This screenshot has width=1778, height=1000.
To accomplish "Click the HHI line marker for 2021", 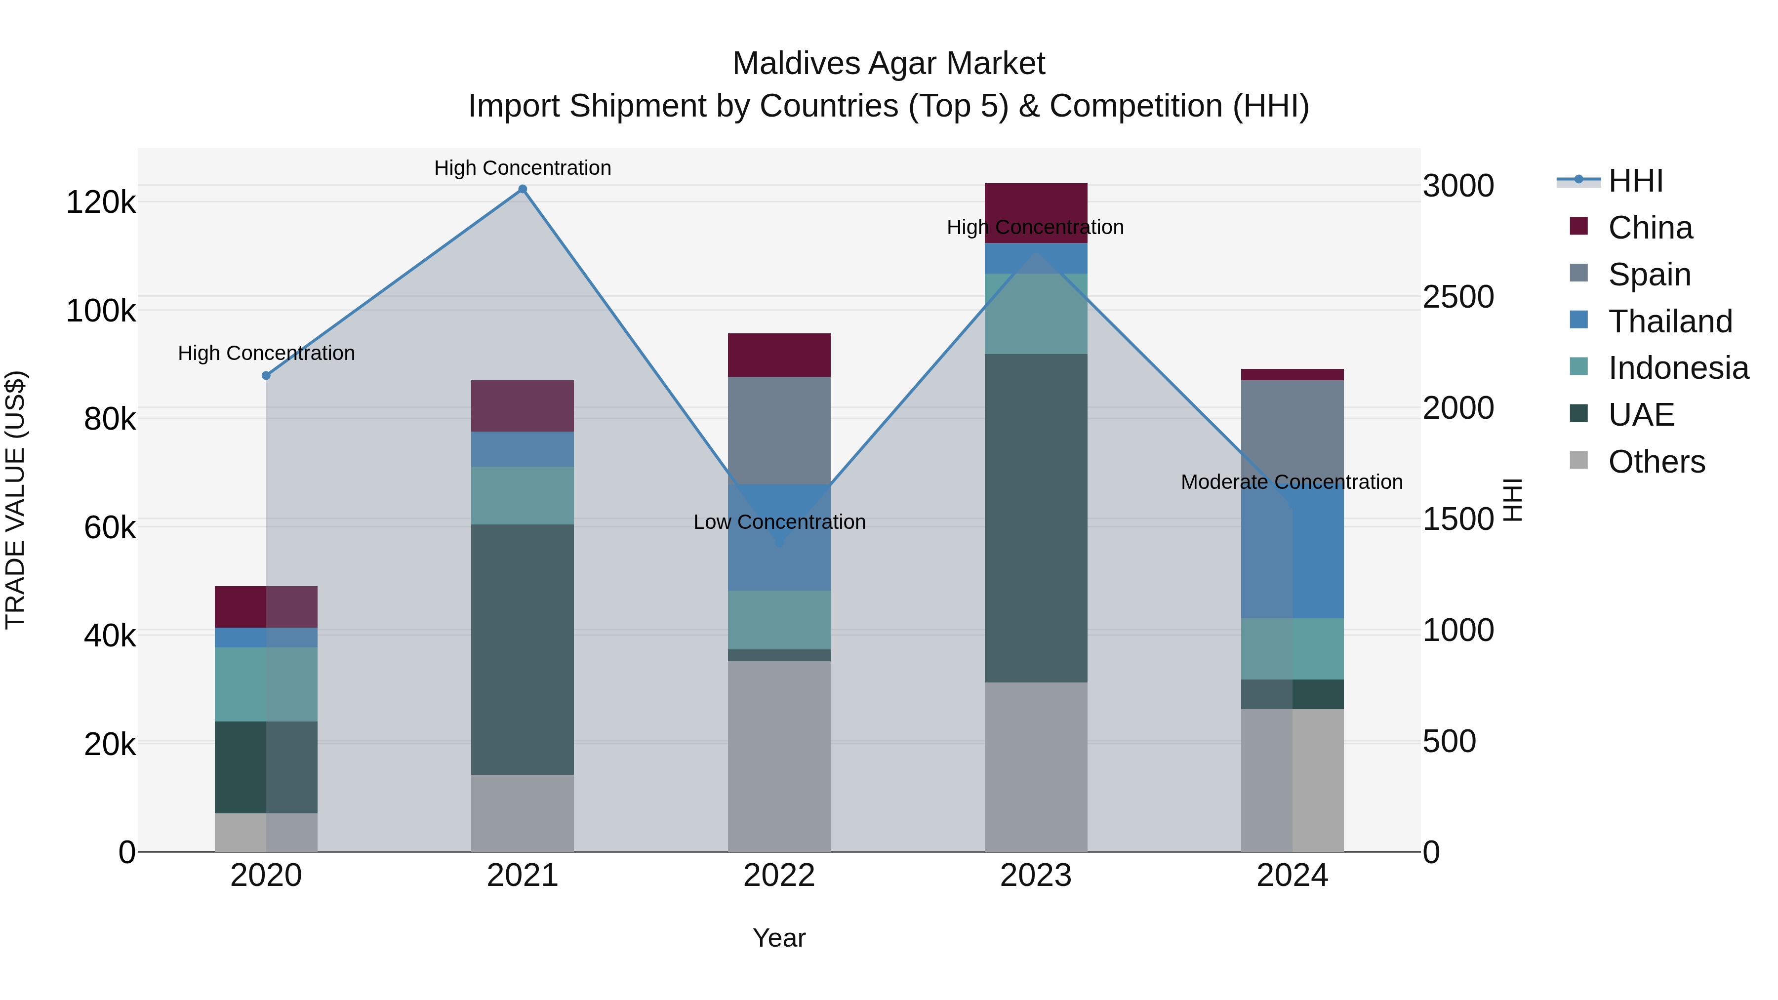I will tap(523, 189).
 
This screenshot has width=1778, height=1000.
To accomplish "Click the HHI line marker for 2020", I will tap(266, 375).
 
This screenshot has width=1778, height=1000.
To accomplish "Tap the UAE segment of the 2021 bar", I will tap(523, 649).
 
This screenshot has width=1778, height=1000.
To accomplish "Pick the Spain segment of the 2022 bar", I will tap(779, 430).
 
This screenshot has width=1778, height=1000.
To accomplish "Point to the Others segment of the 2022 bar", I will tap(779, 756).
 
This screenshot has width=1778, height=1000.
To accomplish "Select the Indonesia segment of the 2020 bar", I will tap(266, 684).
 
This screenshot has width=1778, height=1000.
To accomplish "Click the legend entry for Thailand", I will tap(1670, 321).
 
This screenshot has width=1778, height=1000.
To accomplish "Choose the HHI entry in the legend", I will tap(1635, 181).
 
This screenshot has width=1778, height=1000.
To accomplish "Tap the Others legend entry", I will tap(1656, 462).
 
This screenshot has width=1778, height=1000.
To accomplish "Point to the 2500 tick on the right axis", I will tap(1458, 297).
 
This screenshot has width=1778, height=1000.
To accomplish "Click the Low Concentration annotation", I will tap(779, 522).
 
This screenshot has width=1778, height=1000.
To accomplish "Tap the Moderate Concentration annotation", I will tap(1292, 481).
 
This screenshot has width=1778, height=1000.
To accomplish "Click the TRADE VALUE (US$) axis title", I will tap(15, 500).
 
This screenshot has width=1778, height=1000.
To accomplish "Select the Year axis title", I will tap(779, 938).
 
